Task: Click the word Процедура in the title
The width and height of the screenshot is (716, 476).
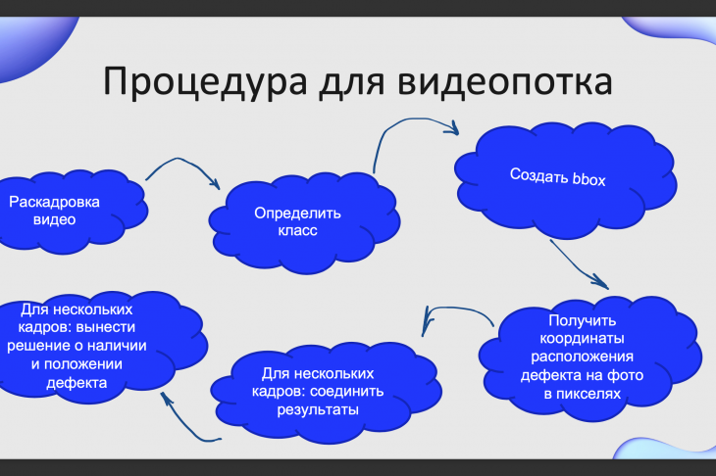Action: pyautogui.click(x=205, y=82)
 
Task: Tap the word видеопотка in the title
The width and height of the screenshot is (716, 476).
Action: pyautogui.click(x=505, y=81)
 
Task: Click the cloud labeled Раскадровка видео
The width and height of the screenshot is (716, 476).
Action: pyautogui.click(x=69, y=212)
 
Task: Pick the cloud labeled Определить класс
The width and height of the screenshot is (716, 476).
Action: pyautogui.click(x=304, y=222)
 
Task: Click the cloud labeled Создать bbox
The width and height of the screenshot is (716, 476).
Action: pyautogui.click(x=566, y=180)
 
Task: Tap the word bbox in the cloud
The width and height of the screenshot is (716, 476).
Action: pyautogui.click(x=589, y=178)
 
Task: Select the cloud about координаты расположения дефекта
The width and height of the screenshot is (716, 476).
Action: pyautogui.click(x=590, y=357)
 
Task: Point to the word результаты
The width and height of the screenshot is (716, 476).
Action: pyautogui.click(x=318, y=409)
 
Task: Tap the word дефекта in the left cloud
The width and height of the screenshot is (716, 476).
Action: pyautogui.click(x=77, y=383)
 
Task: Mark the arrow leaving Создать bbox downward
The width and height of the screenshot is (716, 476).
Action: pyautogui.click(x=578, y=264)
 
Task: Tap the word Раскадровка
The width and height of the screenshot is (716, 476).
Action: pyautogui.click(x=54, y=202)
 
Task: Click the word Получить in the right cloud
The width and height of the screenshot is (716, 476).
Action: pyautogui.click(x=583, y=321)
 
